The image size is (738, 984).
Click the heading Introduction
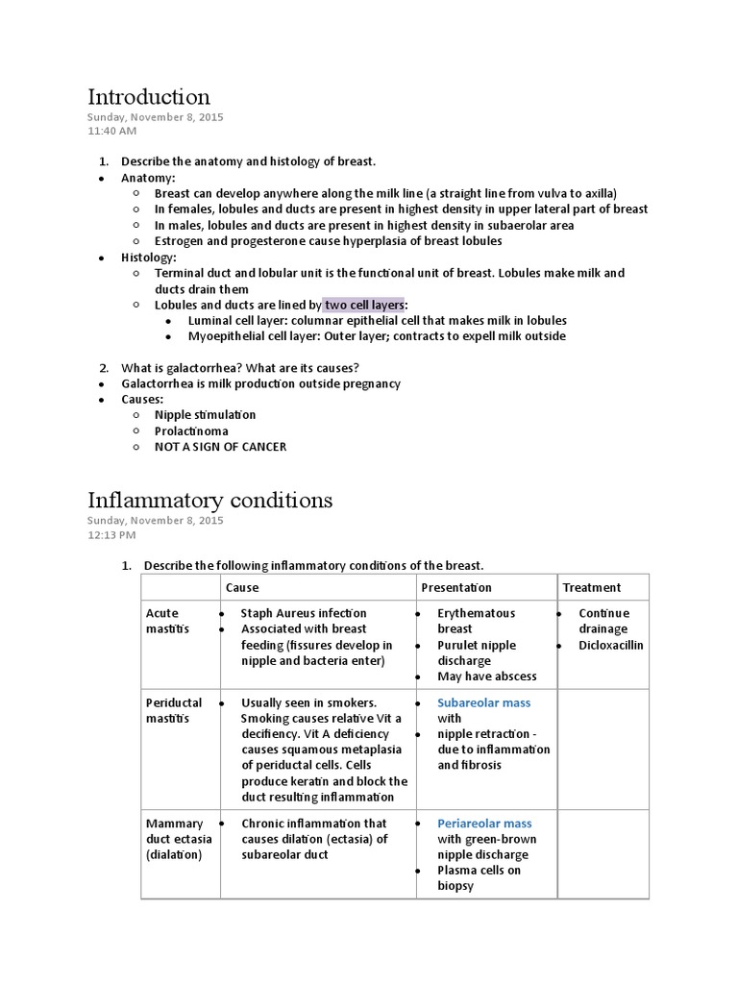click(149, 97)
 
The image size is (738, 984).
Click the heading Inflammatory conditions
click(210, 500)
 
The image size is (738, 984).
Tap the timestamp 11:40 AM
click(111, 131)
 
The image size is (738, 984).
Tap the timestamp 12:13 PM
click(111, 534)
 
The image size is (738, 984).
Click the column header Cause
click(242, 587)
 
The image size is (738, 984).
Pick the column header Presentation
click(456, 587)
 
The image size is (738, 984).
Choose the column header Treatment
click(591, 587)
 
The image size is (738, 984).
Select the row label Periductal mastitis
click(174, 710)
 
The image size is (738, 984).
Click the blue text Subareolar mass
click(483, 702)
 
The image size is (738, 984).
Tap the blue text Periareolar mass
click(484, 824)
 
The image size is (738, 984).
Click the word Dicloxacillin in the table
click(611, 645)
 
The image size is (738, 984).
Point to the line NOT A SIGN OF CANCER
click(220, 447)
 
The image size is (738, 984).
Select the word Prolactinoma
click(191, 431)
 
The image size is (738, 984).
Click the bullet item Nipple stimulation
click(205, 415)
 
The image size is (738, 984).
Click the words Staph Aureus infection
click(304, 613)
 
